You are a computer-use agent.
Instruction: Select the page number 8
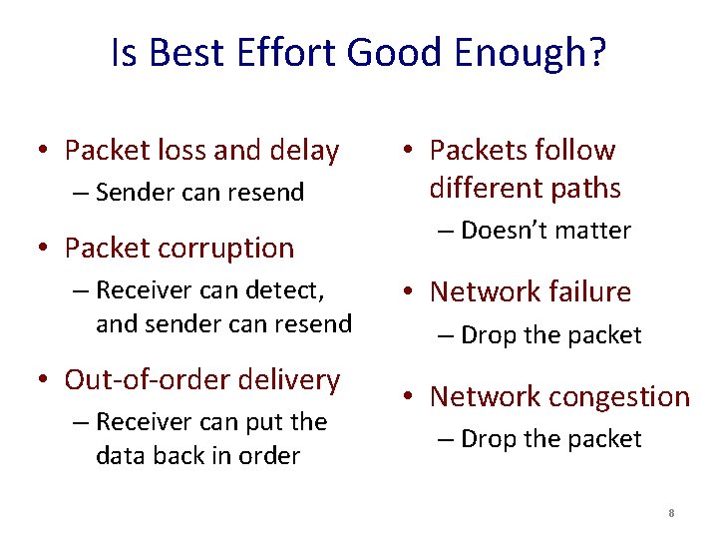672,513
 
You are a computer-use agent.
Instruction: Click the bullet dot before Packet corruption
43,249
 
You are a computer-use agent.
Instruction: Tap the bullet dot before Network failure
408,292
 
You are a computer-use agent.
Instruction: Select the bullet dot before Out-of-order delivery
43,380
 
